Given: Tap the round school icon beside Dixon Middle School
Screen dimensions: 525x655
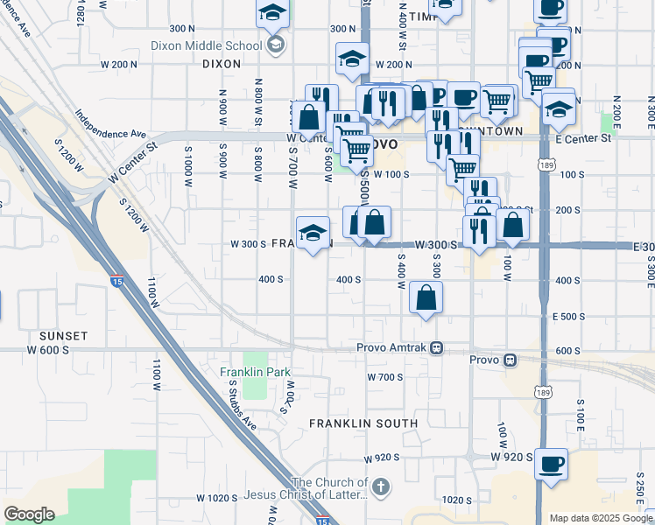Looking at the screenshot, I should pyautogui.click(x=276, y=45).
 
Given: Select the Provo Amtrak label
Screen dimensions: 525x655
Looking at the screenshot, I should pyautogui.click(x=391, y=348).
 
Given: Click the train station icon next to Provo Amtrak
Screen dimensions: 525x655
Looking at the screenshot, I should pyautogui.click(x=436, y=348).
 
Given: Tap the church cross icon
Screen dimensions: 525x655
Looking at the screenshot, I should pyautogui.click(x=380, y=487).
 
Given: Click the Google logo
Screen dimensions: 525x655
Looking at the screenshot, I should pyautogui.click(x=29, y=514).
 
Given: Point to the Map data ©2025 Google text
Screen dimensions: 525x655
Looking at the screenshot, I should pyautogui.click(x=600, y=518).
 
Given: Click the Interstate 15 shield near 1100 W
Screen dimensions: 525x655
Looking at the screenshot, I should pyautogui.click(x=116, y=281).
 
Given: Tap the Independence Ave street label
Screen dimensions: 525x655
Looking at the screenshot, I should pyautogui.click(x=109, y=122).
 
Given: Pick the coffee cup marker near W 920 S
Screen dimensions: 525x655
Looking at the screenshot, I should pyautogui.click(x=551, y=464).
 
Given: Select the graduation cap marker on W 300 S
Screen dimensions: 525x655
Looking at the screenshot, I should pyautogui.click(x=313, y=233).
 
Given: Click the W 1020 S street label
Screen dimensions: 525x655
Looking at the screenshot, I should pyautogui.click(x=217, y=498).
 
